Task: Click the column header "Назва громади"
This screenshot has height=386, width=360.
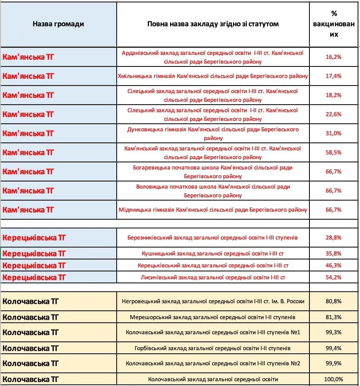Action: [x=58, y=24]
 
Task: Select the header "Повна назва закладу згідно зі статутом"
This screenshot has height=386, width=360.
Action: [x=213, y=24]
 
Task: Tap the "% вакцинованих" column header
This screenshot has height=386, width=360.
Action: [x=334, y=24]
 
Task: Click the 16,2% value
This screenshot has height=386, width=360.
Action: [x=334, y=57]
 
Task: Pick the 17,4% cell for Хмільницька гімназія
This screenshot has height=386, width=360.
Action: [x=334, y=76]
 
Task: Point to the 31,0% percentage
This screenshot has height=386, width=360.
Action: [x=334, y=133]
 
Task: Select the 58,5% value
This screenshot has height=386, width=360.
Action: [x=334, y=152]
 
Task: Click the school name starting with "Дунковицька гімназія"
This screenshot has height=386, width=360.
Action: [x=213, y=133]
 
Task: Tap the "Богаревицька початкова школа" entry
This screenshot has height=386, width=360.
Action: [x=213, y=172]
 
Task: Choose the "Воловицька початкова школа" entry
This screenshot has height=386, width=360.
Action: [x=213, y=191]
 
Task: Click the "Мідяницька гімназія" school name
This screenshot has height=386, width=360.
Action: [x=213, y=210]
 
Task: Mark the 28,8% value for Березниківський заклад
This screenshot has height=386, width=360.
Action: [x=334, y=238]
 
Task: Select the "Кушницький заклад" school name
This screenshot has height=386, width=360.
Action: [x=213, y=253]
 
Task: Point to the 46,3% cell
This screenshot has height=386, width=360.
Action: [x=334, y=265]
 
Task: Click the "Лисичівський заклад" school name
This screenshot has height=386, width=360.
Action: [x=213, y=277]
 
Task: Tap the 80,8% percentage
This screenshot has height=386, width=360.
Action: [x=334, y=301]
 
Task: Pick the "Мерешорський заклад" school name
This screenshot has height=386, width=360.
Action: [x=213, y=317]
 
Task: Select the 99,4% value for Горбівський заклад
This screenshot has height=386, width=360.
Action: [x=334, y=348]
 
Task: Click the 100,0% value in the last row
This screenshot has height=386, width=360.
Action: [x=334, y=379]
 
